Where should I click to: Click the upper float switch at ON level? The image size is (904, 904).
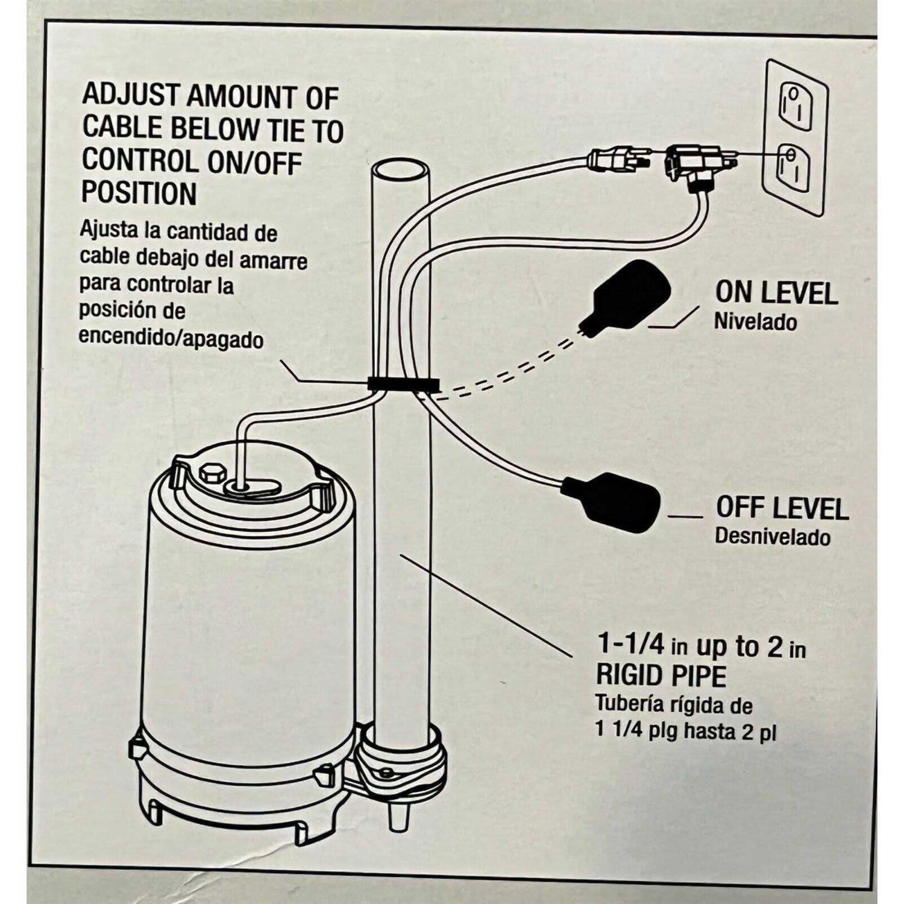[x=630, y=298]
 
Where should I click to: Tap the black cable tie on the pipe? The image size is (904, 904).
[x=403, y=383]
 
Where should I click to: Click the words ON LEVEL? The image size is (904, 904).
[x=776, y=293]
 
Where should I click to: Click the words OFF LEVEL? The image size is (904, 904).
[x=782, y=508]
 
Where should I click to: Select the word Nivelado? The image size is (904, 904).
[x=755, y=321]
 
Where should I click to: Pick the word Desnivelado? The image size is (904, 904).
[x=772, y=536]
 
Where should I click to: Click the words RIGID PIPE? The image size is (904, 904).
[x=661, y=676]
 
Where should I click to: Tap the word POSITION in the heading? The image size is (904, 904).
[x=139, y=193]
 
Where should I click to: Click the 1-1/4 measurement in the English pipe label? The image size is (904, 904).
[x=630, y=646]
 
